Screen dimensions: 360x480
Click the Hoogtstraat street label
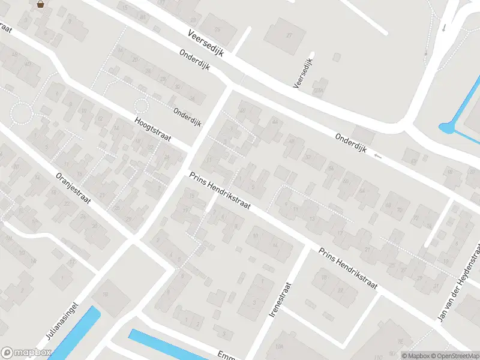153,129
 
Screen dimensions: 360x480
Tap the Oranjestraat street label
73,188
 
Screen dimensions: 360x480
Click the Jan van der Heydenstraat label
460,282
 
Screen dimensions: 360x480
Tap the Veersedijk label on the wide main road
205,43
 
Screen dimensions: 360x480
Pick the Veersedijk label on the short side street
304,73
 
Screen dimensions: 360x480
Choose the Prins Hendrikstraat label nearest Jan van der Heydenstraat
348,268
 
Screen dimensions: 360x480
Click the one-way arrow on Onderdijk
377,157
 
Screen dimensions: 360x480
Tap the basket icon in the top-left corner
40,4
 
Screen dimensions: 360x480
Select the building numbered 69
413,161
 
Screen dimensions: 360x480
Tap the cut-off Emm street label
226,354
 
